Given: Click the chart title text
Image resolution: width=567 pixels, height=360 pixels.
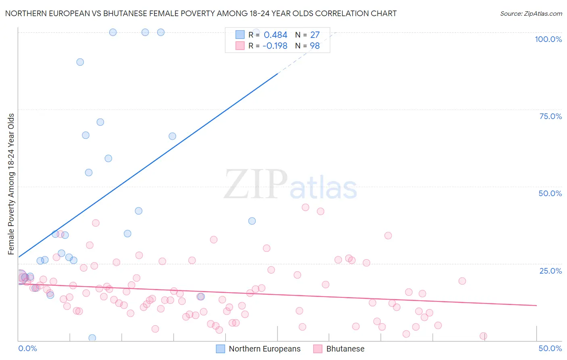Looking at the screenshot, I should (x=201, y=13).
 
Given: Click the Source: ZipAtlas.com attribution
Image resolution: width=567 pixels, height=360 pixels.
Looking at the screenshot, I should (x=531, y=13).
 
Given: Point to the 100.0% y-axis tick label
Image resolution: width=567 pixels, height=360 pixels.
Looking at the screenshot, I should (x=548, y=39).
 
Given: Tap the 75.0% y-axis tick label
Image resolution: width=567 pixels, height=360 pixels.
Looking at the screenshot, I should (x=550, y=116).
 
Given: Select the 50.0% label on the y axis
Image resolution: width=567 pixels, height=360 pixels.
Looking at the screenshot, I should (x=550, y=193).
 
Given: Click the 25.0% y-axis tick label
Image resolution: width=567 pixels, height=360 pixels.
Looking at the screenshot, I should (x=550, y=270).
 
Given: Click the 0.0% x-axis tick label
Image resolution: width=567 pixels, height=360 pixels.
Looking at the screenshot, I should (x=27, y=348).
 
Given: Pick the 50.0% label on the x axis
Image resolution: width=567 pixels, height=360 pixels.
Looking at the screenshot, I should (x=550, y=348).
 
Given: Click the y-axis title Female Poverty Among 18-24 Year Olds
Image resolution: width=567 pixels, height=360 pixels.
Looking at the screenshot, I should (x=11, y=184).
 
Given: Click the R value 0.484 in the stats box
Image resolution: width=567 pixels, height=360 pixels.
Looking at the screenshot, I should (x=275, y=35).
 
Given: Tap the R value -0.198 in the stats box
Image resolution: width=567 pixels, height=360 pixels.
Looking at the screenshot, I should (x=275, y=46).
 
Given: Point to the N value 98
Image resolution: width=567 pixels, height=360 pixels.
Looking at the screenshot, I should (x=315, y=46).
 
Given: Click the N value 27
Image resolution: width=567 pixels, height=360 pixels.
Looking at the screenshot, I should (x=315, y=35).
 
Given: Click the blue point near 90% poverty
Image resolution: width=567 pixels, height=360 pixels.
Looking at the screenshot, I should (x=80, y=62).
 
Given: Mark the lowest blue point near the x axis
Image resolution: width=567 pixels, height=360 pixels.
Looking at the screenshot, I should (x=92, y=338).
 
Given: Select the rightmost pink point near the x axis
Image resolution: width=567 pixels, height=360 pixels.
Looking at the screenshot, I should (x=483, y=336).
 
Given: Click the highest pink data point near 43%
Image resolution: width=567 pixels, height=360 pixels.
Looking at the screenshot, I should (x=305, y=207).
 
